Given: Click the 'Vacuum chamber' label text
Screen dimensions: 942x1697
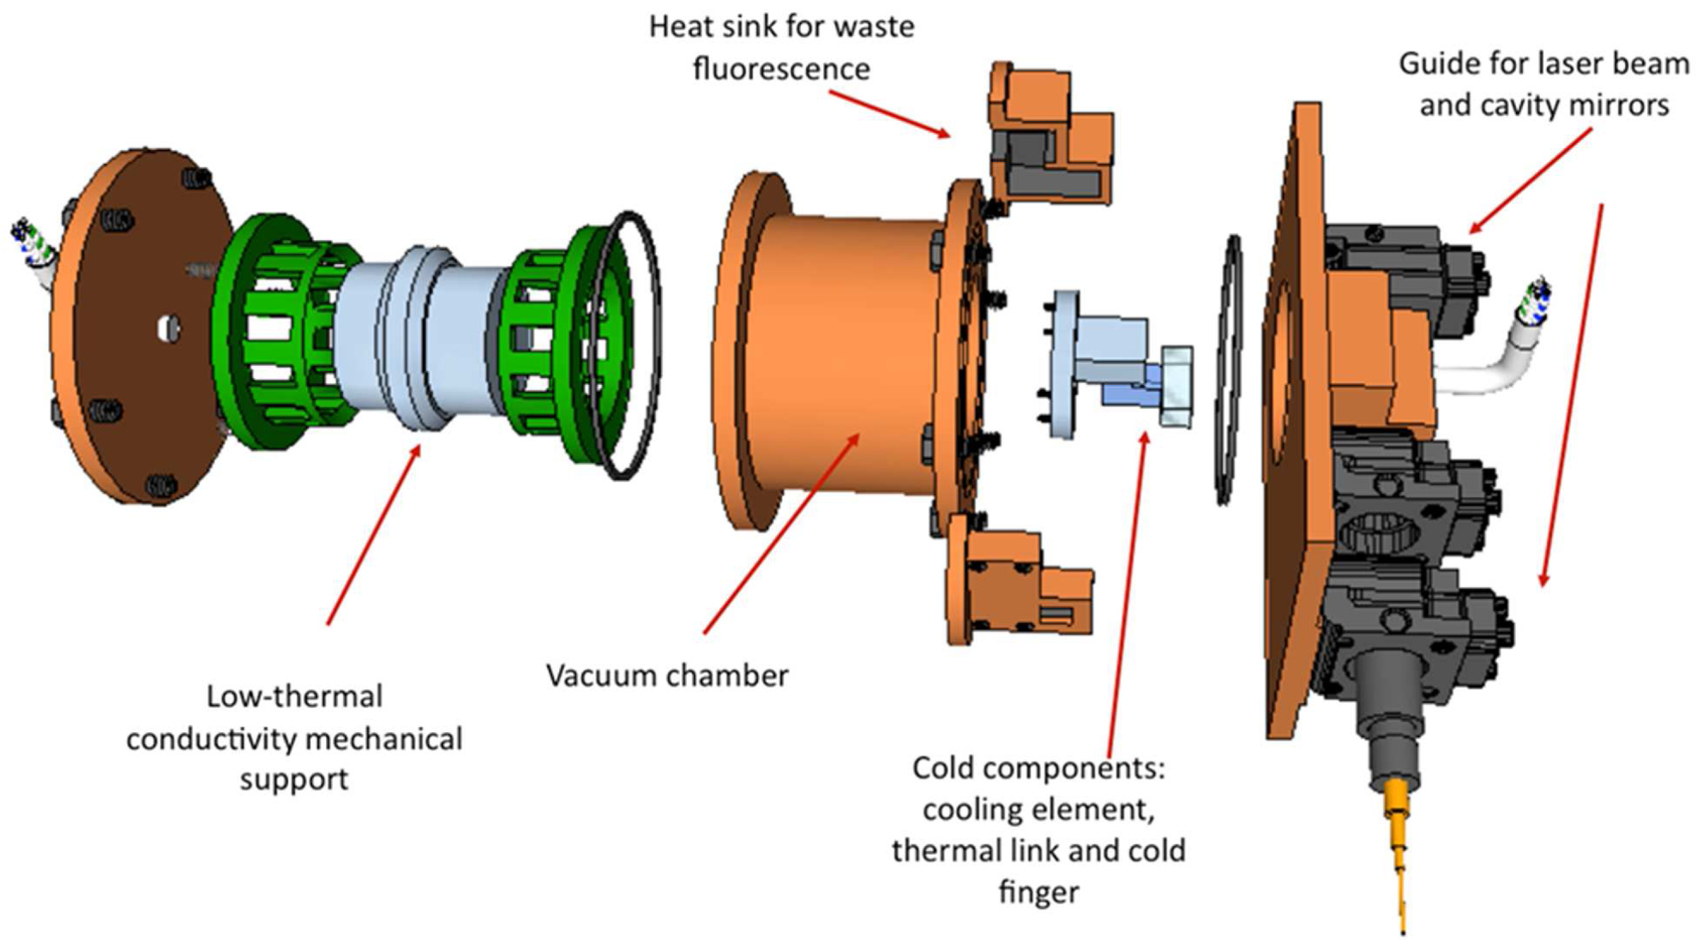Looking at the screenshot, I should (x=666, y=675).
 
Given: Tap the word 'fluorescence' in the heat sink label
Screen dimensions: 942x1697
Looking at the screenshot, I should (x=780, y=69).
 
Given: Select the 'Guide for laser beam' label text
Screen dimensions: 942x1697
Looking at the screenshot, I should (x=1543, y=64).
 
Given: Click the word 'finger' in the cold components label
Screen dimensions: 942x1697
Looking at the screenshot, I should (x=1038, y=891).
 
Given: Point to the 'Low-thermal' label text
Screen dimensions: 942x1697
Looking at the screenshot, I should (x=294, y=696).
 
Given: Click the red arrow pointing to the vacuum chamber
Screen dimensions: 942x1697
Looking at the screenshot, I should (x=779, y=535).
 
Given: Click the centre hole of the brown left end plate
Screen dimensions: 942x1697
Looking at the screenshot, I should (x=169, y=328).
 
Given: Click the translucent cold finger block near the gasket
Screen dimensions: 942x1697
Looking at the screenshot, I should (x=1176, y=386).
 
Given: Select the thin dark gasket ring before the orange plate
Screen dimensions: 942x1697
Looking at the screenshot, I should (x=1231, y=369).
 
